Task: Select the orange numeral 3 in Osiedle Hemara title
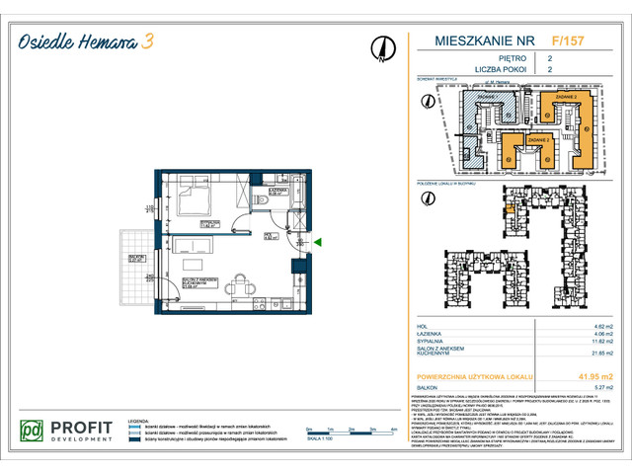click(146, 40)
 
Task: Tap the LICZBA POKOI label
click(465, 71)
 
